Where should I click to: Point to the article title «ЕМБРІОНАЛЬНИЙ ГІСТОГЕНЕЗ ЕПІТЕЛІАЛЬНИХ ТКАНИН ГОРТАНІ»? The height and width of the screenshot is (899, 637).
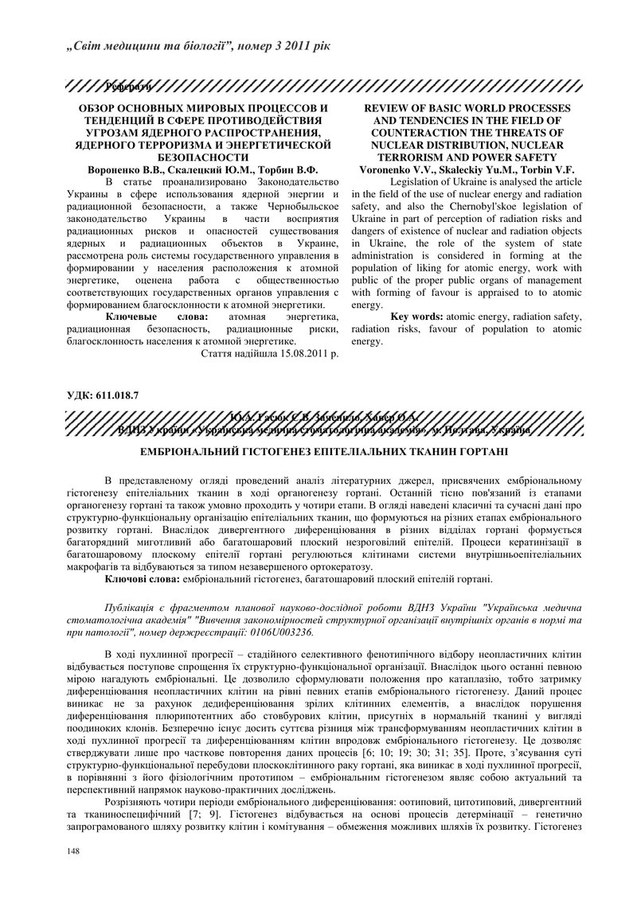(x=318, y=452)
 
